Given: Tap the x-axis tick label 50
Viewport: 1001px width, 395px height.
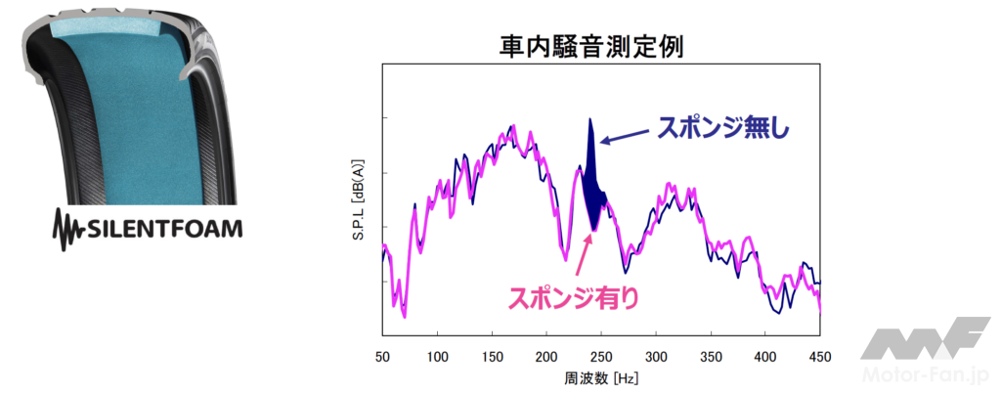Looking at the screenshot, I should (x=382, y=356).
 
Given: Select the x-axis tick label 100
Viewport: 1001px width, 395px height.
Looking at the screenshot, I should (x=437, y=356).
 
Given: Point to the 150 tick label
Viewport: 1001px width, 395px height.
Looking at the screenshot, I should (x=492, y=356).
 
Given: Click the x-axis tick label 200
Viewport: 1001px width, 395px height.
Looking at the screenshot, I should (x=546, y=356).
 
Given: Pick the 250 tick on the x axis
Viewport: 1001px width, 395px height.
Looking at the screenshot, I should (x=601, y=356).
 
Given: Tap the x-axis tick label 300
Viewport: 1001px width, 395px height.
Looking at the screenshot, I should (x=656, y=356).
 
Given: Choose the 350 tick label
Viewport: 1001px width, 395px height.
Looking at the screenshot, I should (x=711, y=356).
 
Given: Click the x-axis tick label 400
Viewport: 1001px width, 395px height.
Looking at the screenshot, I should (x=765, y=356).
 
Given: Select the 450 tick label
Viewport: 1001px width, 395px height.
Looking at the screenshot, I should (x=820, y=356).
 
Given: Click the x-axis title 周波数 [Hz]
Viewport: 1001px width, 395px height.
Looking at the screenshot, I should (x=600, y=376).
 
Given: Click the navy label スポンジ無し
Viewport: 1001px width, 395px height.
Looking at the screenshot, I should (x=721, y=128).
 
